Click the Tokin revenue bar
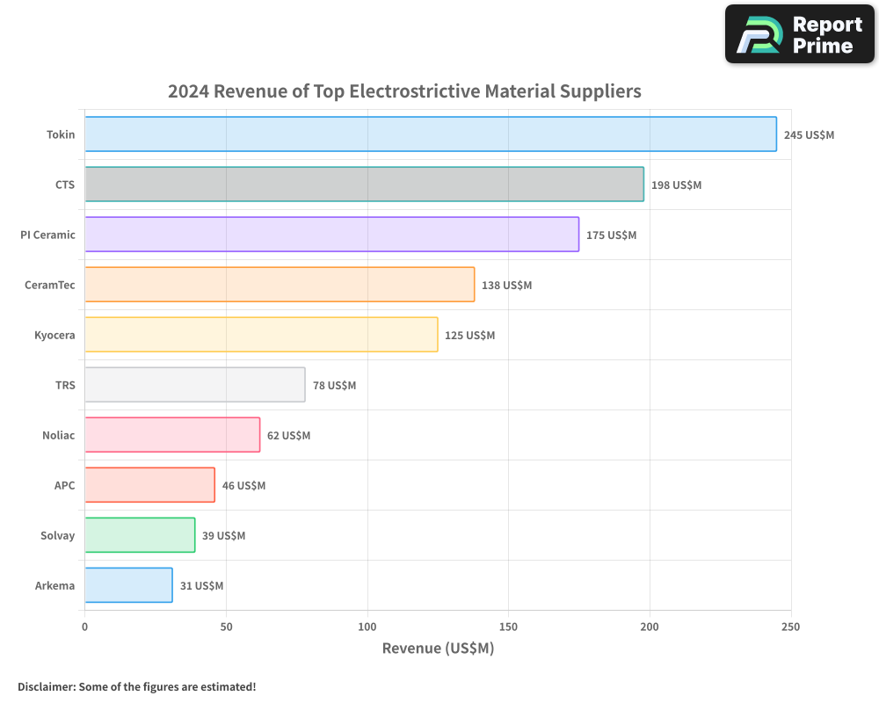(431, 134)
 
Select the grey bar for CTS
(364, 185)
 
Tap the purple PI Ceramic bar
(331, 235)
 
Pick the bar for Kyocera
(261, 335)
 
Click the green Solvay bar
(140, 535)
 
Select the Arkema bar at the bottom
(128, 585)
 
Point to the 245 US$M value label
(809, 135)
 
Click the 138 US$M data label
(506, 286)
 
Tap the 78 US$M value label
(334, 386)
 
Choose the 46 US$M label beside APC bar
(243, 486)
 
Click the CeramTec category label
(49, 285)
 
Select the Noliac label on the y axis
(58, 435)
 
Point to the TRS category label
(64, 385)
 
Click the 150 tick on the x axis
(508, 627)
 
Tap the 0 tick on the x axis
(85, 627)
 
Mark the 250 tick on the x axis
(790, 627)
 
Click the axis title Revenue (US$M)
(438, 649)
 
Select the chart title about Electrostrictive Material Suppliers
(404, 91)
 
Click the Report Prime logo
(800, 34)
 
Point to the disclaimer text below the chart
(136, 686)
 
